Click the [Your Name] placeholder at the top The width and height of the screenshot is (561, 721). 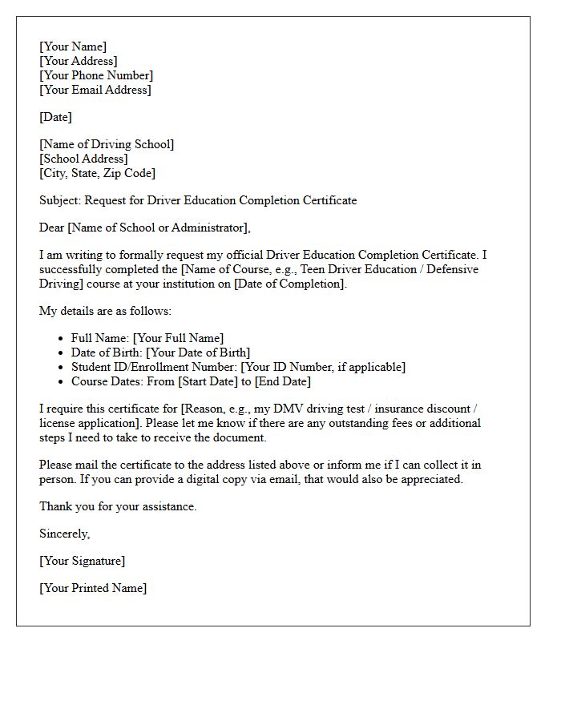click(x=73, y=46)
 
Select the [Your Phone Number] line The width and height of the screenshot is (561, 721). click(x=96, y=75)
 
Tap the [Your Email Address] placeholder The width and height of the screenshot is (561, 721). click(x=95, y=90)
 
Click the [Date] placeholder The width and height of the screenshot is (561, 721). click(x=56, y=117)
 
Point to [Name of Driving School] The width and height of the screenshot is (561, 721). click(x=107, y=144)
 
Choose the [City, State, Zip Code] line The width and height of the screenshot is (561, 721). click(x=98, y=173)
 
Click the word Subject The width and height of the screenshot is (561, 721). click(x=59, y=200)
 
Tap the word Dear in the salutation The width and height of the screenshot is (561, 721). click(x=51, y=228)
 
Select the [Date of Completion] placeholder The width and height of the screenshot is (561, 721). click(x=290, y=284)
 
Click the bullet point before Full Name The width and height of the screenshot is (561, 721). click(x=63, y=339)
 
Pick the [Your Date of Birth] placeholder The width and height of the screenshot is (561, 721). click(x=198, y=352)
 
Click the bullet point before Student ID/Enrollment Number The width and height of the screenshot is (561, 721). click(x=63, y=368)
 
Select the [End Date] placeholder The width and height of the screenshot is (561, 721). click(x=283, y=381)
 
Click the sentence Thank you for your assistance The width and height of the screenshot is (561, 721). click(x=118, y=506)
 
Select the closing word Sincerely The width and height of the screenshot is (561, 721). click(x=65, y=534)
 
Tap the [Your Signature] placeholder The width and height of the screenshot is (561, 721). click(x=83, y=561)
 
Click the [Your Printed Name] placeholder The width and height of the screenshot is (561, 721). click(x=93, y=588)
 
